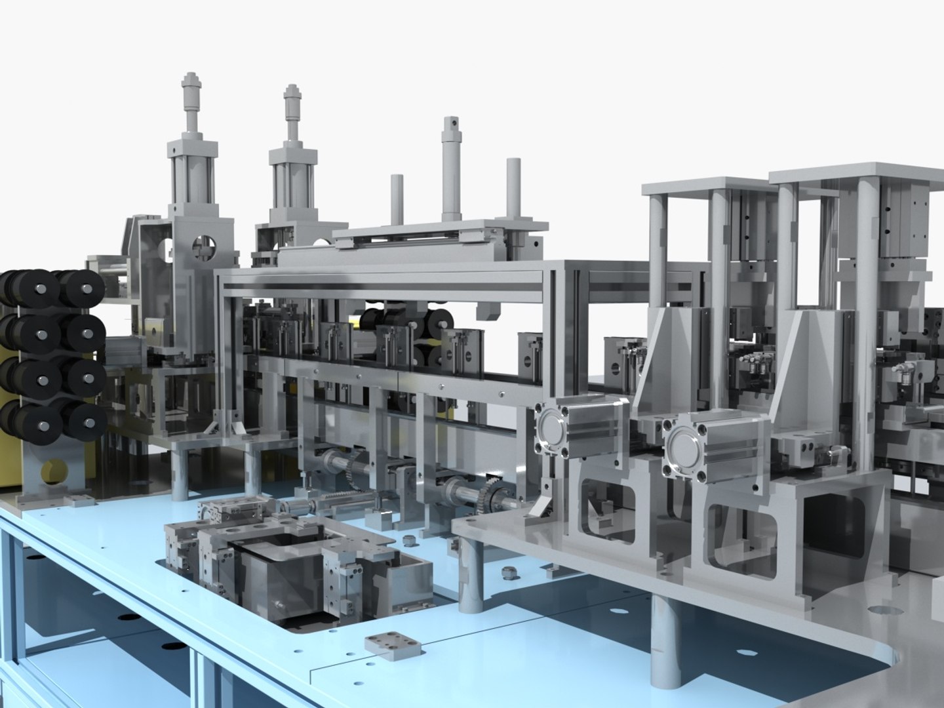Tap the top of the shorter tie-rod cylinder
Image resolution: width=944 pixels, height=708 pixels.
(x=292, y=91)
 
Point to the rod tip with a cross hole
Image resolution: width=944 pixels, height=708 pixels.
(x=450, y=123)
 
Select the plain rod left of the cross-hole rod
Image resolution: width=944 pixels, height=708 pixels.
(x=397, y=179)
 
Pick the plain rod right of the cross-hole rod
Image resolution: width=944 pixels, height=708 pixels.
(x=513, y=163)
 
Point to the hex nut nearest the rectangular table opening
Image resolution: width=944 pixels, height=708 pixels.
(x=410, y=540)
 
